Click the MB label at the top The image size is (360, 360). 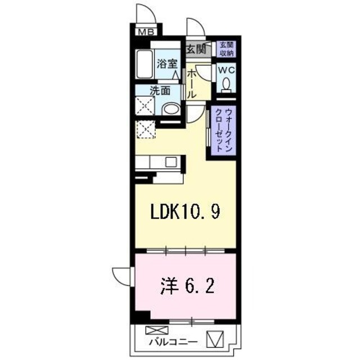click(x=146, y=31)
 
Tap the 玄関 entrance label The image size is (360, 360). click(x=196, y=49)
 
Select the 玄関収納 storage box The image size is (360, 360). click(x=226, y=48)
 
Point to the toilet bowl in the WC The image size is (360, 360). click(x=226, y=84)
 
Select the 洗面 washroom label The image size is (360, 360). click(x=160, y=91)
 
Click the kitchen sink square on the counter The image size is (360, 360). click(x=170, y=163)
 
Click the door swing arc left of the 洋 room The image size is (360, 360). click(x=121, y=275)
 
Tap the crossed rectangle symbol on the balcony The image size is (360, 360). click(x=152, y=331)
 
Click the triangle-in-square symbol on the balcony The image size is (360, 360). click(x=215, y=339)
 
